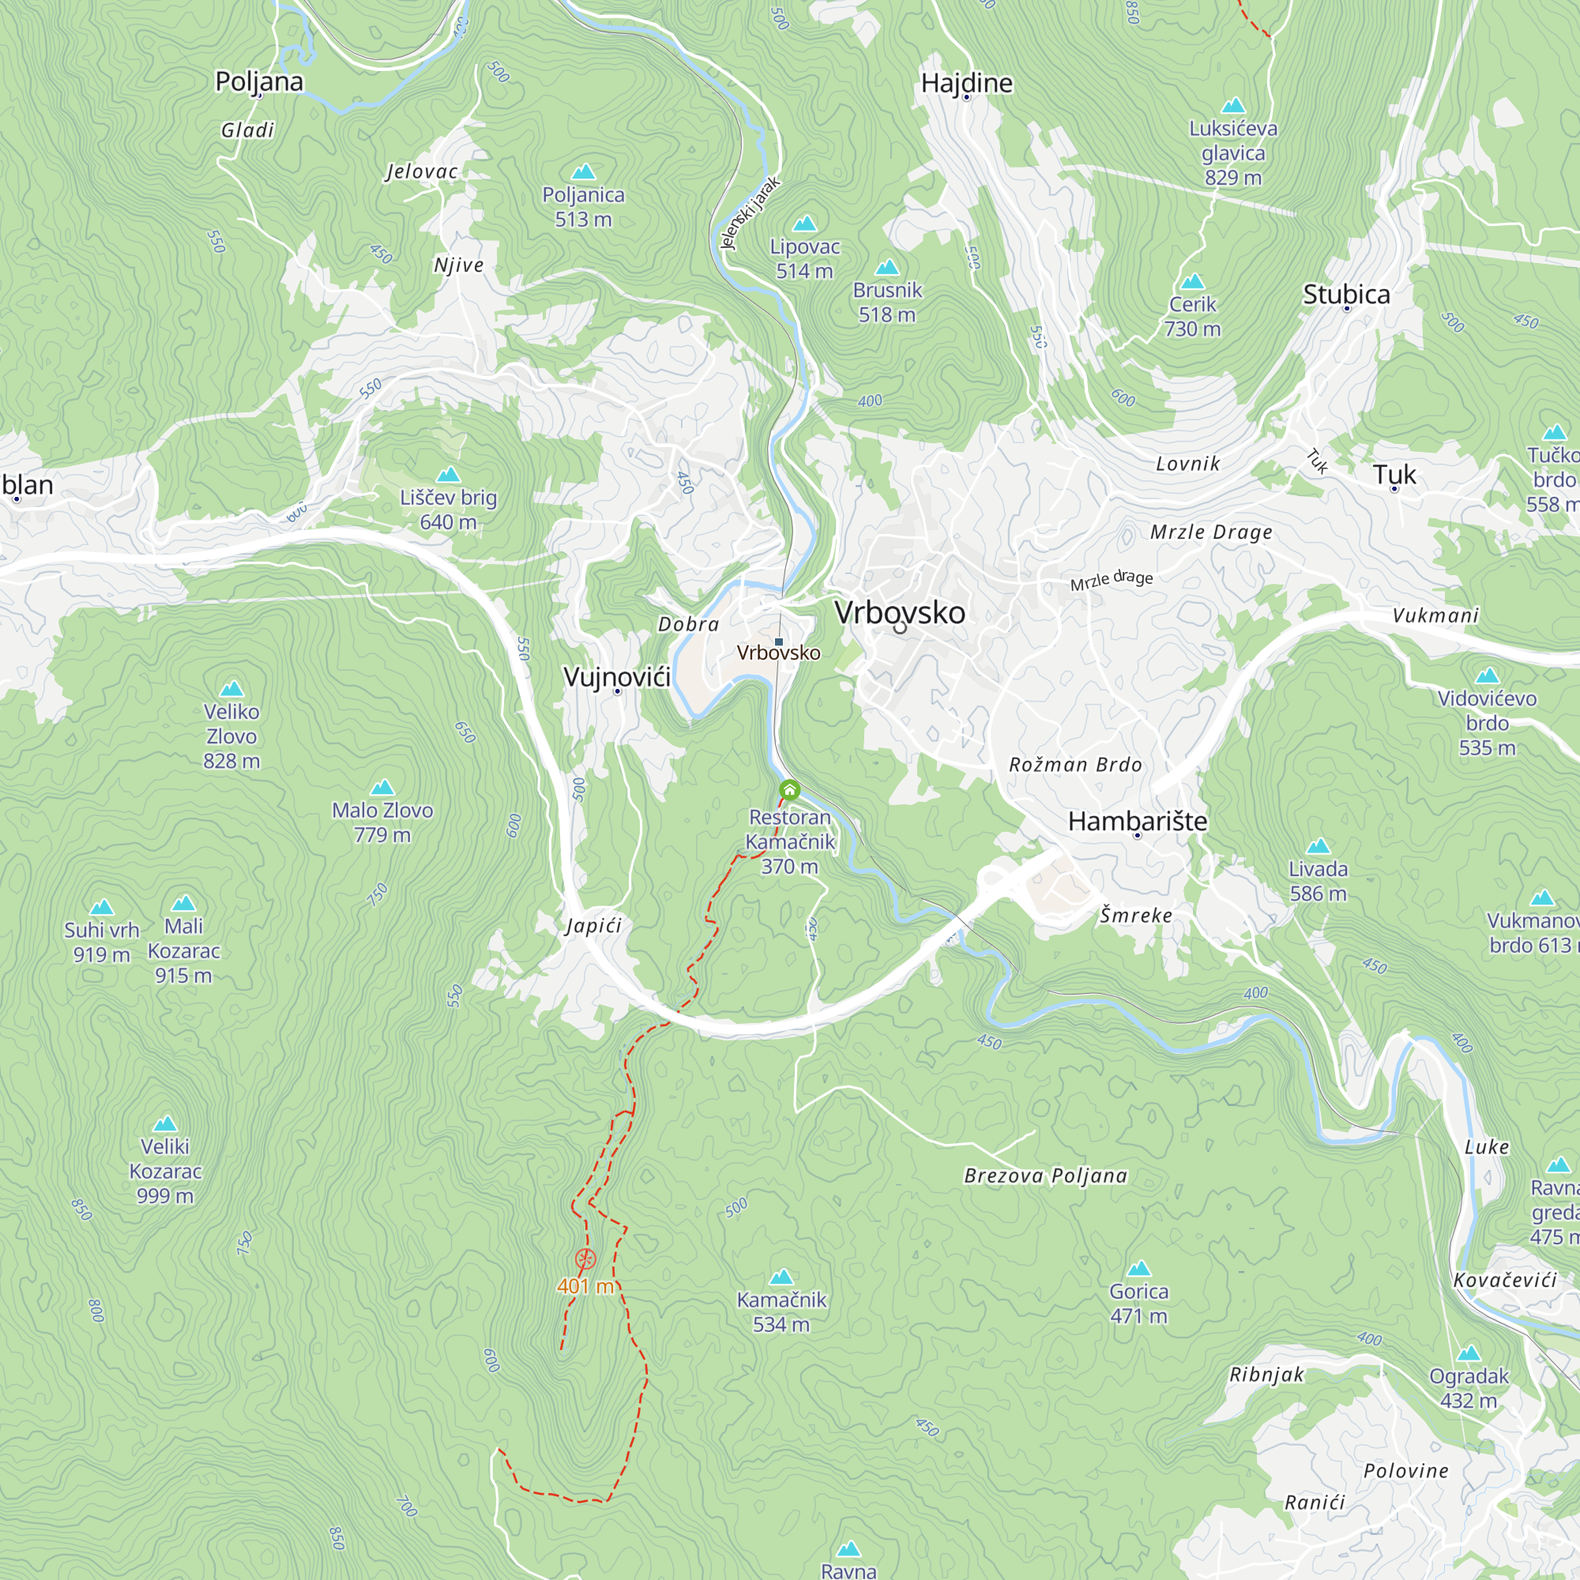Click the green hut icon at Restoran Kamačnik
789,790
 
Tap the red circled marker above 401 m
585,1259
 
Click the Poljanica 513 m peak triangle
583,171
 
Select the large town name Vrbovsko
900,612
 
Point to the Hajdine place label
967,84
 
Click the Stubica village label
1346,295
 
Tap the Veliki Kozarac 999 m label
165,1171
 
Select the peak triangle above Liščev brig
448,475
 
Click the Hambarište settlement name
1138,821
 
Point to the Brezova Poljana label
1046,1176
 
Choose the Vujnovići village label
618,676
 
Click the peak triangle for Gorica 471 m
1138,1270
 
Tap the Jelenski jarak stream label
750,213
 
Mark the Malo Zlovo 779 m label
382,822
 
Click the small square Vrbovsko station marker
779,642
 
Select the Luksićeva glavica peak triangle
1232,106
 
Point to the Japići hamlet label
594,926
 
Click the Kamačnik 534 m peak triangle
781,1277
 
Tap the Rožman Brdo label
1075,765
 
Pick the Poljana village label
259,82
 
